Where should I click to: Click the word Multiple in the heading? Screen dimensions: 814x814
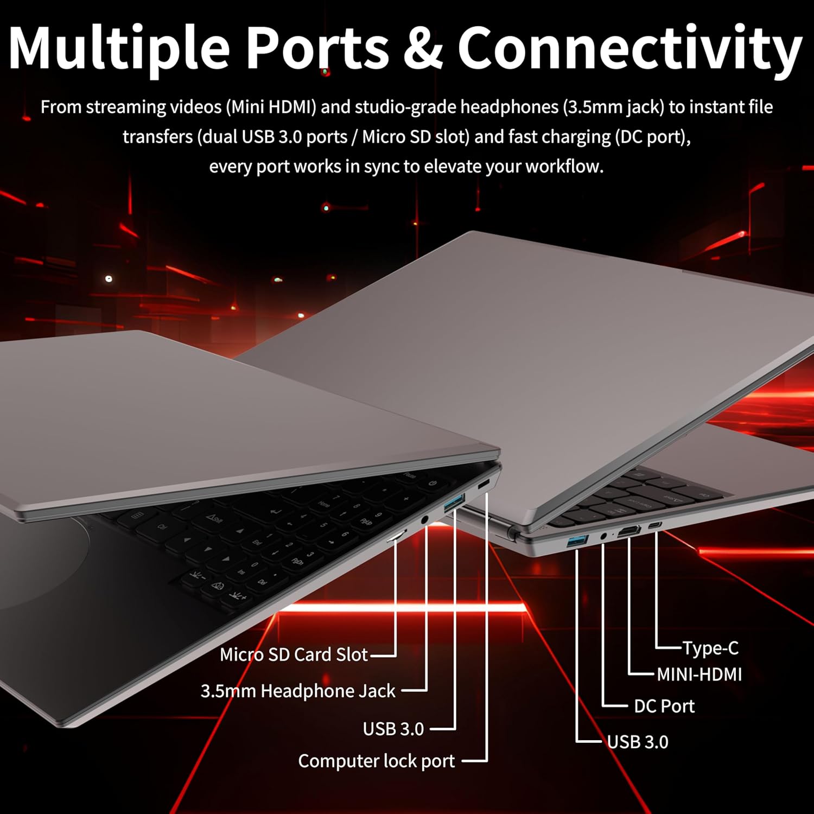(x=119, y=48)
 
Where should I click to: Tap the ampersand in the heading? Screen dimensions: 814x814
(x=423, y=48)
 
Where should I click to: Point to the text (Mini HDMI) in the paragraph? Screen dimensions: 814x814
(x=271, y=107)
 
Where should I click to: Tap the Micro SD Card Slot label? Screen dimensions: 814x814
(x=294, y=654)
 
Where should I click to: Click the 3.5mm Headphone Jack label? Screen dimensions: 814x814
(x=298, y=691)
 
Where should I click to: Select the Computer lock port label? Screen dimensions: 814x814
(x=377, y=761)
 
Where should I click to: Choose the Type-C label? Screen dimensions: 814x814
(x=710, y=648)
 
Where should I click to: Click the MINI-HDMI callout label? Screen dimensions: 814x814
(x=699, y=675)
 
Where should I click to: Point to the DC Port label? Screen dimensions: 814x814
(x=664, y=706)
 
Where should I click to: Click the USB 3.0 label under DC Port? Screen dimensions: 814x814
(x=638, y=742)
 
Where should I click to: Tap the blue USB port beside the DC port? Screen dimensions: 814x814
(x=577, y=541)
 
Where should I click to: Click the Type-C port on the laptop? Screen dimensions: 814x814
(x=655, y=525)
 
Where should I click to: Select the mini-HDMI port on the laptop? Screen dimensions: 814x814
(x=629, y=532)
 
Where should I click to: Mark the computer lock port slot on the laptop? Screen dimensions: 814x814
(x=483, y=485)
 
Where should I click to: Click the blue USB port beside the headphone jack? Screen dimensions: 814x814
(x=455, y=503)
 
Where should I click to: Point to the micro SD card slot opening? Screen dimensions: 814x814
(x=396, y=537)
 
